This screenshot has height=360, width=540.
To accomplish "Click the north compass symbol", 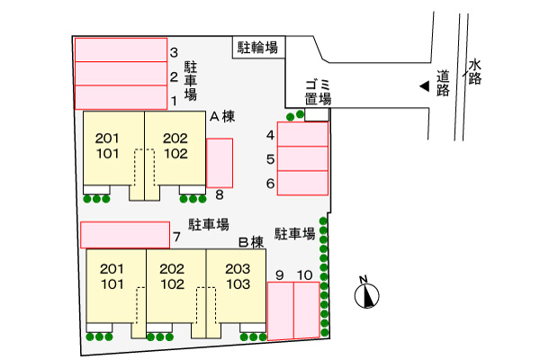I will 367,293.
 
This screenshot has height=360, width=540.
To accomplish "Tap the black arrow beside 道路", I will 423,86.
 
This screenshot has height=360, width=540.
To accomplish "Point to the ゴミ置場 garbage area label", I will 318,92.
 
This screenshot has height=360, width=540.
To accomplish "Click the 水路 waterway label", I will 475,72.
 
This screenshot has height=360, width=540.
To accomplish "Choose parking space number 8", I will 220,163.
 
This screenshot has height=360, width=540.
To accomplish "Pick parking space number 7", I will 125,234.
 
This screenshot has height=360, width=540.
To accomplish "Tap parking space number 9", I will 280,310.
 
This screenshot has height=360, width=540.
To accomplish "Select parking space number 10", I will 306,310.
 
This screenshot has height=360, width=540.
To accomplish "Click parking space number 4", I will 302,134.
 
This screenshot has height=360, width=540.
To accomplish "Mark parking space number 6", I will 302,183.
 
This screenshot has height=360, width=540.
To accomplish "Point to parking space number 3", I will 121,49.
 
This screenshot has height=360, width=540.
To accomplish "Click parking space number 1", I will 121,97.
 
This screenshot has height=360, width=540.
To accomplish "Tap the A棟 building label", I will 222,117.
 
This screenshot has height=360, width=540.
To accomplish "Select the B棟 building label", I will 250,241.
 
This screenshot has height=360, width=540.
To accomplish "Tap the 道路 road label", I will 443,83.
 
